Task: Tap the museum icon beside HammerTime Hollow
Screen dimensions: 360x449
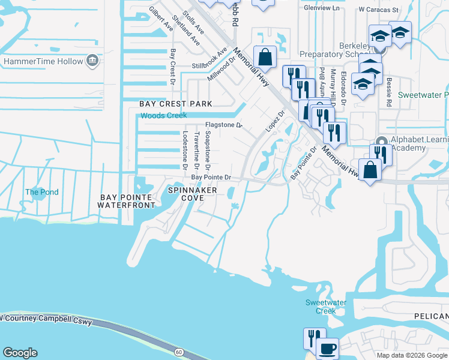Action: click(92, 61)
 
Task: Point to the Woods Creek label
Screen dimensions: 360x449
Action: click(163, 116)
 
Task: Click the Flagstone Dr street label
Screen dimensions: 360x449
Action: click(223, 125)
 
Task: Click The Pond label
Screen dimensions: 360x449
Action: click(42, 193)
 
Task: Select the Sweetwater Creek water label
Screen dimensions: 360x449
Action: click(325, 307)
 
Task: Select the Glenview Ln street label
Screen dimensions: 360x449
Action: click(321, 9)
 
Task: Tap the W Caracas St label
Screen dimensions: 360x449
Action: click(378, 10)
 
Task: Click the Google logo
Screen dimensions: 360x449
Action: click(20, 353)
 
